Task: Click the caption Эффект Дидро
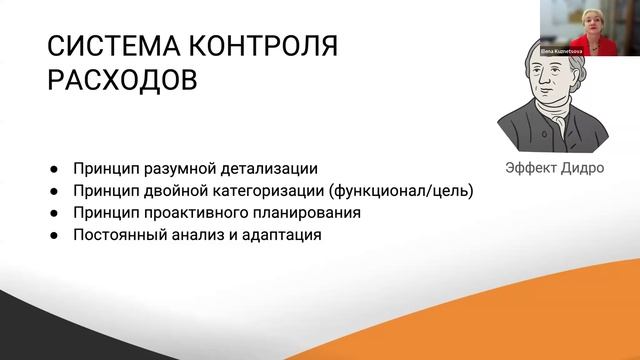pos(553,168)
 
